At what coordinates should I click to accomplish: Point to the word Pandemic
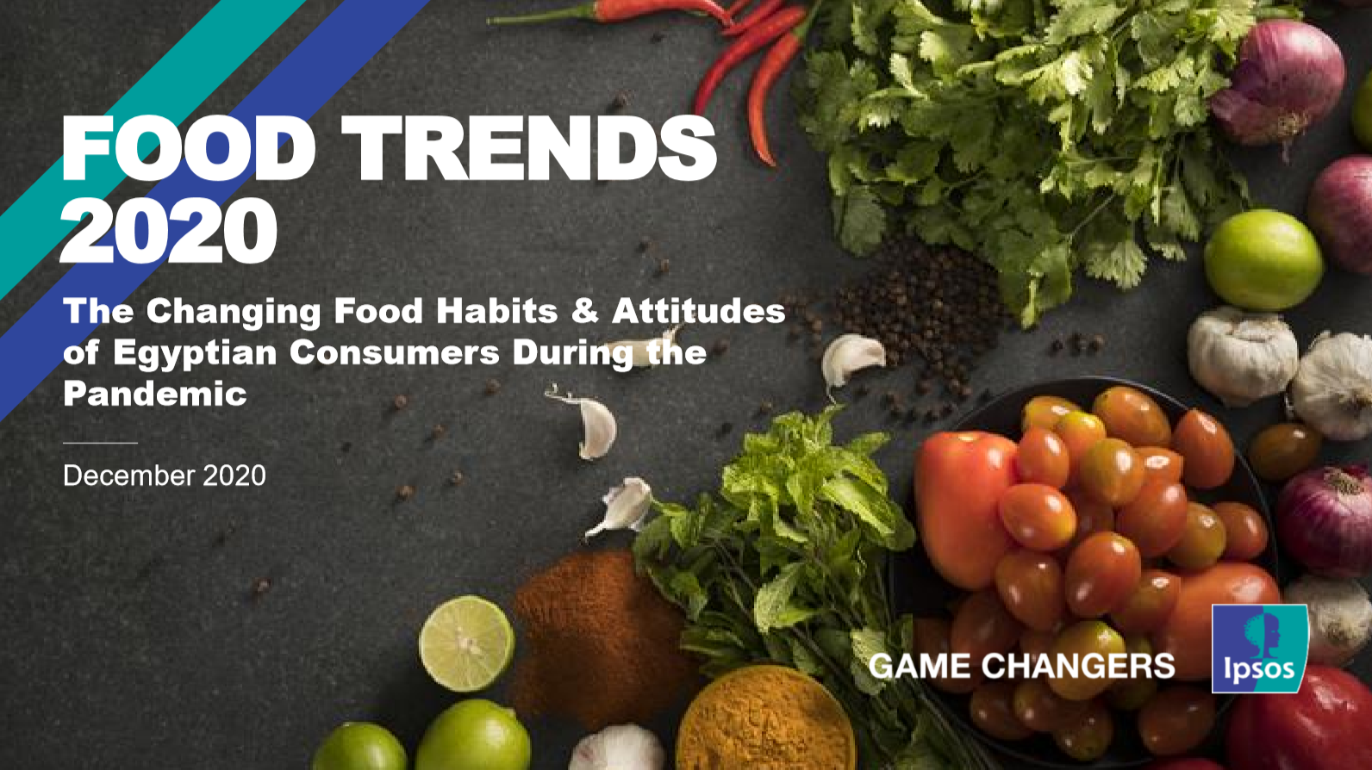click(155, 393)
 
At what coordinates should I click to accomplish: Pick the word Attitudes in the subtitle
click(698, 310)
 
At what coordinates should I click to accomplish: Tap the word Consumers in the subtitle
click(395, 352)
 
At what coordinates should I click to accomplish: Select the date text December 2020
click(164, 475)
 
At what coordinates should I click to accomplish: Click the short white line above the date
click(101, 443)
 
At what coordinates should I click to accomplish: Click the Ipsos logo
click(1260, 649)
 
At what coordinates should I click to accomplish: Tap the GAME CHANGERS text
click(1021, 666)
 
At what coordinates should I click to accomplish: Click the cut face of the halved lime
click(467, 644)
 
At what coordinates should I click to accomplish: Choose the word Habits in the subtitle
click(496, 310)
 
